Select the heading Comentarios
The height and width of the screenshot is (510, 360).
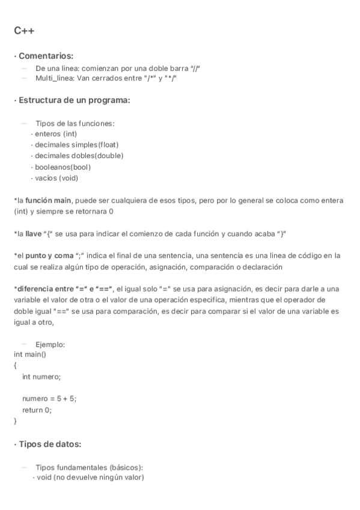46,56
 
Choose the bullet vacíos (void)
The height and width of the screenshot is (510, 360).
56,177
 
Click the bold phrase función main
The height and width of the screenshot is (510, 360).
49,200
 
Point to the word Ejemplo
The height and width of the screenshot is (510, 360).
50,344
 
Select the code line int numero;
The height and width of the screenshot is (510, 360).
41,376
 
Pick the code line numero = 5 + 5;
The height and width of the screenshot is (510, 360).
49,399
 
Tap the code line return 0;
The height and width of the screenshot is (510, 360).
37,410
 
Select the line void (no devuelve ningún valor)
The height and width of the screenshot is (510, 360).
90,478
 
